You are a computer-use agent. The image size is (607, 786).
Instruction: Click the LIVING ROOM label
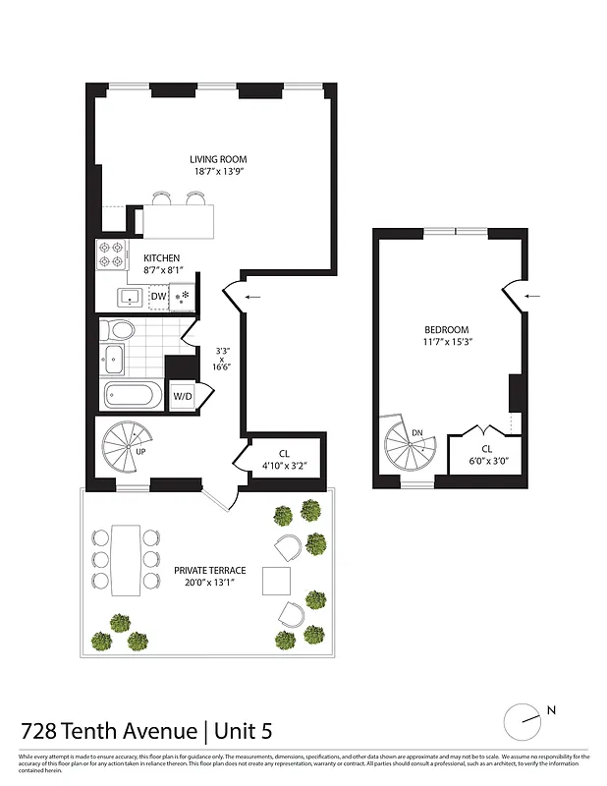coord(218,159)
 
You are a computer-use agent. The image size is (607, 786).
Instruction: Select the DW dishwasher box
coord(158,297)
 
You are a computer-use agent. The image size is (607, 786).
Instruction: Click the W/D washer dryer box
coord(183,397)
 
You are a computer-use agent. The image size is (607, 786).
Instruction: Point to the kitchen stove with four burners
coord(111,255)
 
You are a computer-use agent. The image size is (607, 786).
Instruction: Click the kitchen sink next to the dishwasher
coord(128,297)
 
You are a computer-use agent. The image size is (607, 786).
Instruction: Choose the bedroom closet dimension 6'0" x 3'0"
coord(487,461)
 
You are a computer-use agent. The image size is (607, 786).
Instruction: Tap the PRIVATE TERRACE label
coord(210,570)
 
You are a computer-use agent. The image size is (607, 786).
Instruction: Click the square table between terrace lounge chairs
coord(278,580)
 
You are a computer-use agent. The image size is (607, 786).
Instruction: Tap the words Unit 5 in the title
coord(240,731)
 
